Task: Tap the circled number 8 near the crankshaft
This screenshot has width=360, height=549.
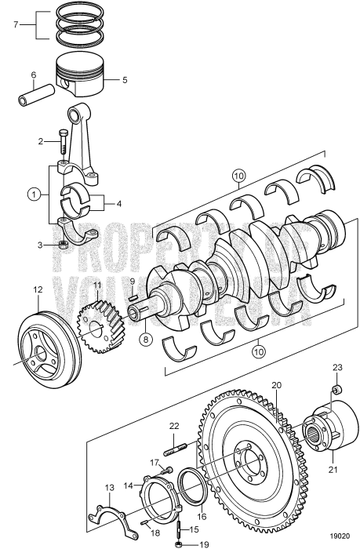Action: click(x=146, y=340)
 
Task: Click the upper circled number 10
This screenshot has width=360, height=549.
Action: click(x=239, y=176)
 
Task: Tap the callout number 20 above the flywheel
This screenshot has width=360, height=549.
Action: click(x=276, y=385)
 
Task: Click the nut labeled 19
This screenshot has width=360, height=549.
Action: click(x=180, y=544)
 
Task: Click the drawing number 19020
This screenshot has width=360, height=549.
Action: click(x=340, y=536)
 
